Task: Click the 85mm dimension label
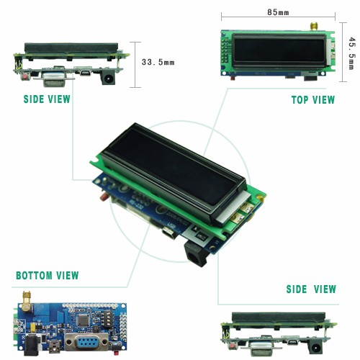(x=278, y=12)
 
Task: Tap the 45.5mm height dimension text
(x=352, y=53)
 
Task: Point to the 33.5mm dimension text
(x=158, y=62)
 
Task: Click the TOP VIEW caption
(x=313, y=100)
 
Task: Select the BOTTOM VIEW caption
(x=48, y=276)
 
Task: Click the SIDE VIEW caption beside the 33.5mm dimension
(x=47, y=99)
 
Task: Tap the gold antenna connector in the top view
(x=313, y=26)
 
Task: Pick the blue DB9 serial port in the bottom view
(x=86, y=342)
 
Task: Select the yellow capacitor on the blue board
(x=33, y=327)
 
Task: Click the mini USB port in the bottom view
(x=55, y=347)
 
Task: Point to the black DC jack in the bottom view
(x=31, y=345)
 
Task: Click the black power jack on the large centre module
(x=195, y=255)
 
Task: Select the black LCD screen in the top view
(x=279, y=50)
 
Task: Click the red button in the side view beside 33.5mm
(x=24, y=77)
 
